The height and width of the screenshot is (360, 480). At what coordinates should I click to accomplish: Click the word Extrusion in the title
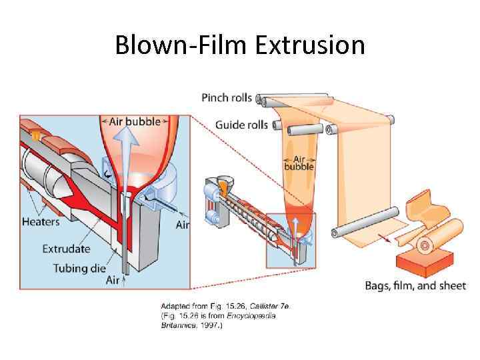tap(310, 45)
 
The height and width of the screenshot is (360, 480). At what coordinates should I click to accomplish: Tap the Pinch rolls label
tap(227, 98)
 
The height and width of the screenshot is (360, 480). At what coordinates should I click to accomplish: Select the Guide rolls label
tap(241, 125)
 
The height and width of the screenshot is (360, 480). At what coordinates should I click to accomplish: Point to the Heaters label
tap(41, 222)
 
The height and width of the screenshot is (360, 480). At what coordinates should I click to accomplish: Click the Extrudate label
tap(66, 249)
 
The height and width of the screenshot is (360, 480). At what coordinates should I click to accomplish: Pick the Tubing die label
tap(79, 268)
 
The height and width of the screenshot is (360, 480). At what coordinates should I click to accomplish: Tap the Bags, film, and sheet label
tap(415, 286)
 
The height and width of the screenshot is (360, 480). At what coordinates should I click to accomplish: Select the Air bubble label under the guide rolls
tap(299, 163)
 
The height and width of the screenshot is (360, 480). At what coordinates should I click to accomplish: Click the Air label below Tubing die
tap(113, 281)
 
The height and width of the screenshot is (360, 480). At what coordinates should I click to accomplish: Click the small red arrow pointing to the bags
tap(384, 237)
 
